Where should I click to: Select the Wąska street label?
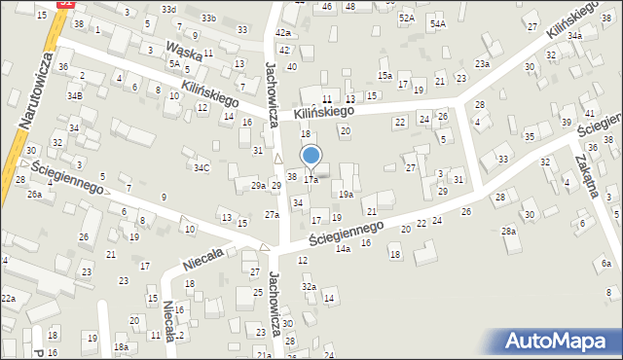(184, 51)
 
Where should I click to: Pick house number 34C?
(201, 167)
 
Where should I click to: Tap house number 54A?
(438, 23)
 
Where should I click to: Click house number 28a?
(508, 231)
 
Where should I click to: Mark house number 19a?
(346, 195)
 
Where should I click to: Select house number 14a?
(343, 249)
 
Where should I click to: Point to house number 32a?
(309, 287)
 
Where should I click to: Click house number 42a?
(282, 33)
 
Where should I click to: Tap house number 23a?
(482, 63)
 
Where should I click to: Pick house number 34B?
(75, 95)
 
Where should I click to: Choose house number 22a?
(8, 298)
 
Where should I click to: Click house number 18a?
(121, 347)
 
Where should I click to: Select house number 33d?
(169, 9)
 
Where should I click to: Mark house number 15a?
(385, 75)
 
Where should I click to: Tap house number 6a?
(605, 264)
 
